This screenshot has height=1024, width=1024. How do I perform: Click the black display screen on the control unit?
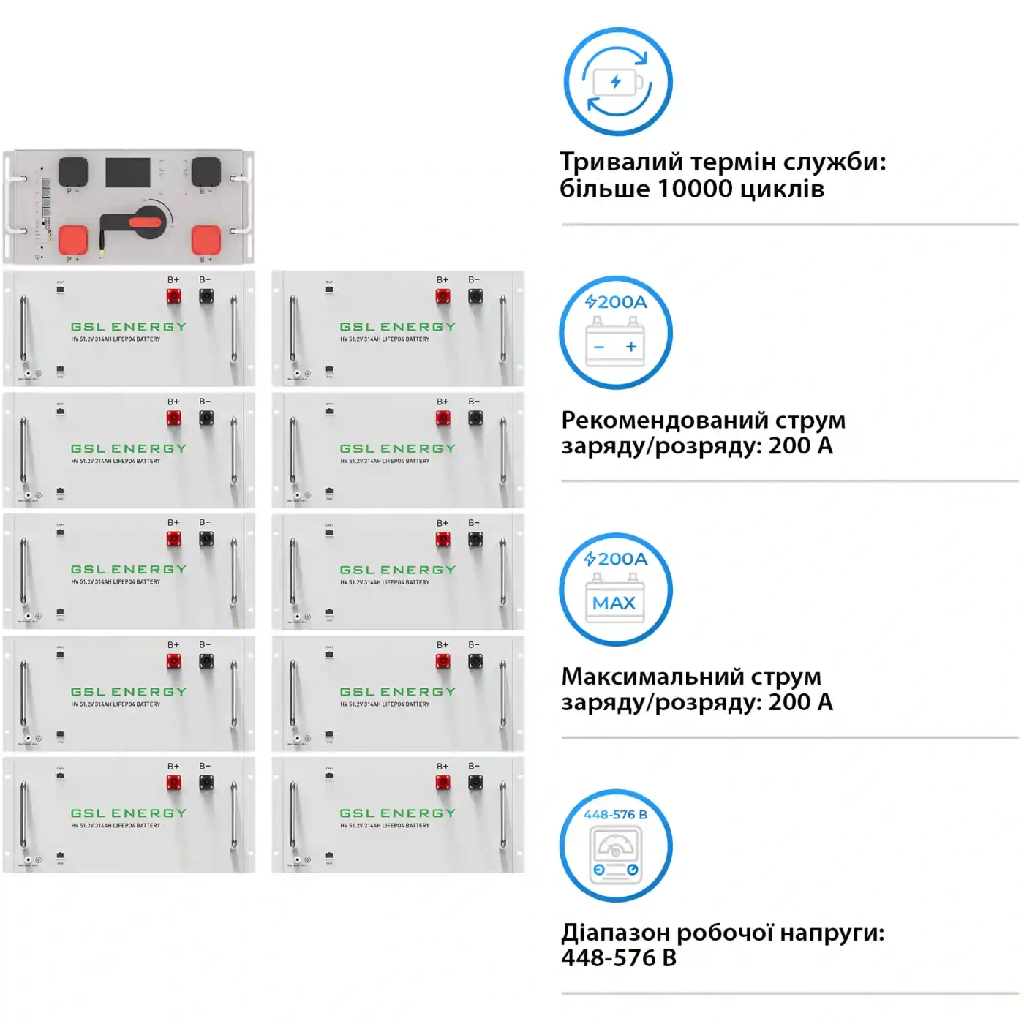(128, 172)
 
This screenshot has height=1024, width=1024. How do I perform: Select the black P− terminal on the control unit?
(72, 172)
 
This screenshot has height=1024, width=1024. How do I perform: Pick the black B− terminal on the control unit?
(206, 172)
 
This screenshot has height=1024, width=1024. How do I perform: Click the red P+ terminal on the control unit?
(72, 239)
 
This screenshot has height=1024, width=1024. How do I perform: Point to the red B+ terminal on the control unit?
(206, 239)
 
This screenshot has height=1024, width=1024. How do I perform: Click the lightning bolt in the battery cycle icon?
(616, 81)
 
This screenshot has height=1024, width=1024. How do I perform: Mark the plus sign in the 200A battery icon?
(631, 347)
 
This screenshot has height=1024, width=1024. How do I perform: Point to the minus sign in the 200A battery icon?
(599, 347)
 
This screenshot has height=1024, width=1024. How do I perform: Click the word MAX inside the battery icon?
(614, 603)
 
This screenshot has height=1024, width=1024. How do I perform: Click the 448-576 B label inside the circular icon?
(615, 815)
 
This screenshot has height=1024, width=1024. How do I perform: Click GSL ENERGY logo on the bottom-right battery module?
(397, 813)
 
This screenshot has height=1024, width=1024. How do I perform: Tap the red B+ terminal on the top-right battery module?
(443, 296)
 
